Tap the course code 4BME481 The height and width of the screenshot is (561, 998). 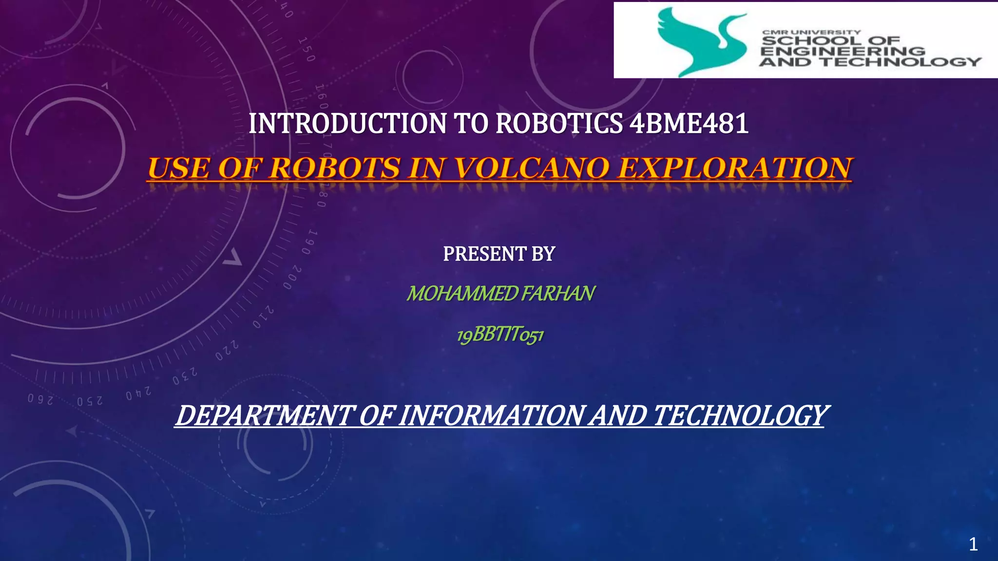[x=689, y=124]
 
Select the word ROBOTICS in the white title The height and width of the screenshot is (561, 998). [x=558, y=124]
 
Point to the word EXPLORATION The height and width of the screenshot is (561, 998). [x=735, y=168]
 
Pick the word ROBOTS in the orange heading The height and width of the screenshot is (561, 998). [x=335, y=168]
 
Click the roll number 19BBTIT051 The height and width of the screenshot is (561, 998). [x=500, y=335]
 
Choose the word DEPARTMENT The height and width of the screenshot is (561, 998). [x=263, y=416]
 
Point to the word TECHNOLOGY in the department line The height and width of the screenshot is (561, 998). [x=739, y=416]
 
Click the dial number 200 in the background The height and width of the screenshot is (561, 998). [x=292, y=278]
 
